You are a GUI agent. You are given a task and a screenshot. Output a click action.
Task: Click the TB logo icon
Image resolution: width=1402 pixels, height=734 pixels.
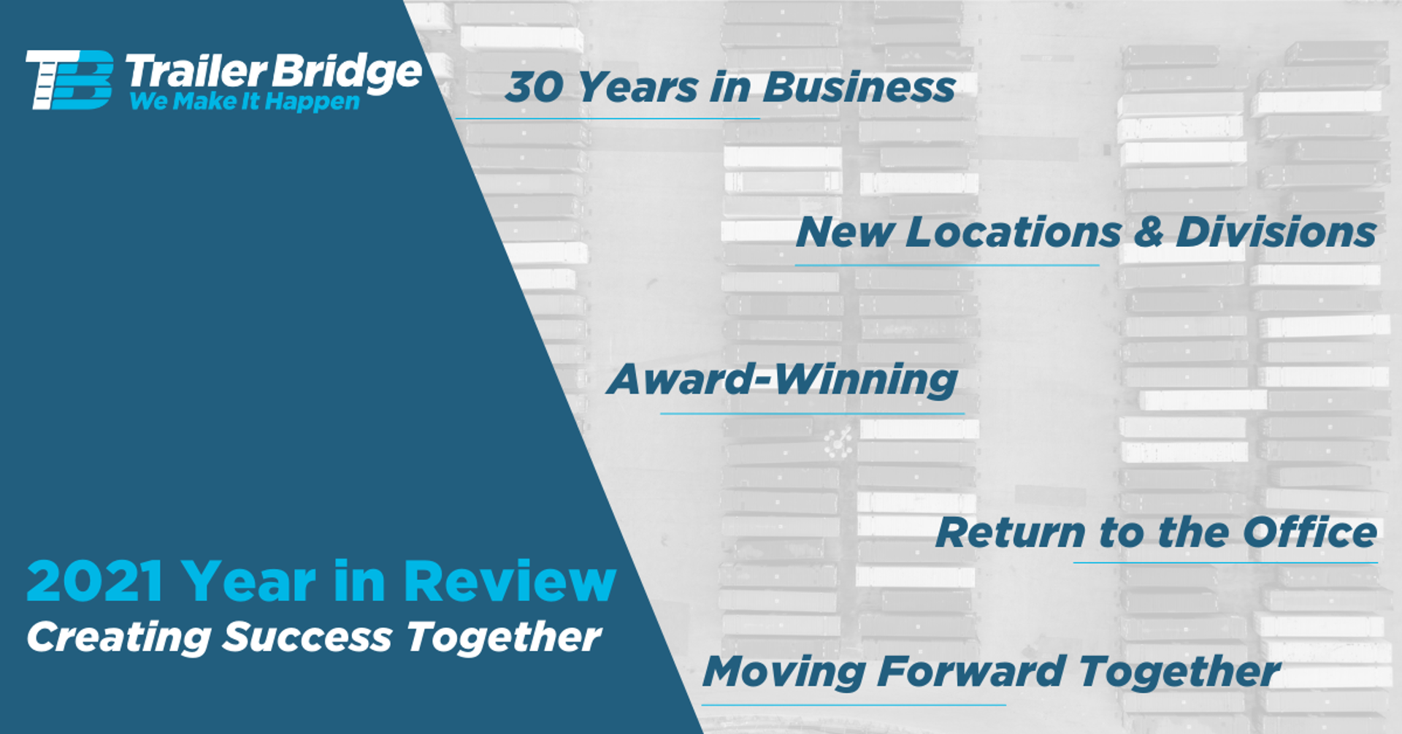[69, 80]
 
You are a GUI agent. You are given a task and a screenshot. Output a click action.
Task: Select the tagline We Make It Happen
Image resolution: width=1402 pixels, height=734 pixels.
[245, 102]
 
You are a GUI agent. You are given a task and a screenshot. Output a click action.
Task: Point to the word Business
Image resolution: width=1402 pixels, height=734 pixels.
[859, 88]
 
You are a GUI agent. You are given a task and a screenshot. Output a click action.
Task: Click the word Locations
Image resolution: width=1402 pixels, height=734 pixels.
[1013, 232]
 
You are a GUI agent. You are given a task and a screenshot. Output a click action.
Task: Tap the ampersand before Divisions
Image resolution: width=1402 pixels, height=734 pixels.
[1148, 232]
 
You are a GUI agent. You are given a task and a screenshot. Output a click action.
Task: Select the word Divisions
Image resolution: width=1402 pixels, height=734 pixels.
[1276, 232]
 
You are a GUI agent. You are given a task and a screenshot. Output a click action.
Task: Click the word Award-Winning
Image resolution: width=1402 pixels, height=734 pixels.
[782, 380]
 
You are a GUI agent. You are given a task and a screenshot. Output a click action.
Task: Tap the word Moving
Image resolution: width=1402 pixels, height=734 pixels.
[784, 673]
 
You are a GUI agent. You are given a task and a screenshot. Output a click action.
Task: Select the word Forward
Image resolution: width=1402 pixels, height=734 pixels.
[971, 671]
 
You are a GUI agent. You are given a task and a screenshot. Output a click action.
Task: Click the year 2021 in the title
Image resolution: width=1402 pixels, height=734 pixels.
[95, 581]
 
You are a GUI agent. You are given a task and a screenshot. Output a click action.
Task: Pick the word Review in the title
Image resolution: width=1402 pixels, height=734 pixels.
[510, 581]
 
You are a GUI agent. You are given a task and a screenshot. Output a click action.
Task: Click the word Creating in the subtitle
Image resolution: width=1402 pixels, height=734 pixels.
[119, 637]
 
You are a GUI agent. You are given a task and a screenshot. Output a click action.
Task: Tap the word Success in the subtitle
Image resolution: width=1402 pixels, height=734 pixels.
[307, 637]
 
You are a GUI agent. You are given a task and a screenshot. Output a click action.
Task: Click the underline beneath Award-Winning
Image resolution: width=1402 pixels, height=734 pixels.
[812, 414]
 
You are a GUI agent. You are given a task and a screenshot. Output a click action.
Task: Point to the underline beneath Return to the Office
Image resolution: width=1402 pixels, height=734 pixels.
[1225, 562]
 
